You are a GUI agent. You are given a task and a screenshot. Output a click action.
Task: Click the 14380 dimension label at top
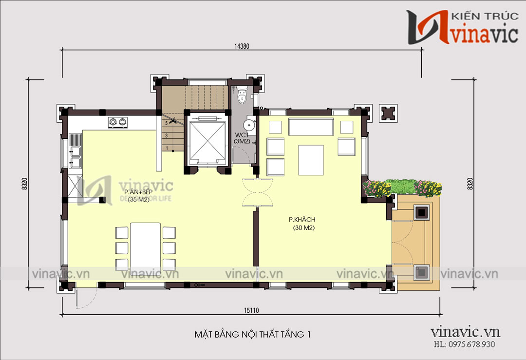tap(242, 46)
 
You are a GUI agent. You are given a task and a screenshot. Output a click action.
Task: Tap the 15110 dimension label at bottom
tap(251, 310)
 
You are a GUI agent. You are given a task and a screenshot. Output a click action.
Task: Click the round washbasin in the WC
tap(249, 123)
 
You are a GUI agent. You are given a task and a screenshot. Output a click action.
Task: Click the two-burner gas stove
tap(118, 122)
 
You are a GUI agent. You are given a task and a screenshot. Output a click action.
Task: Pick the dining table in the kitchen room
tap(145, 247)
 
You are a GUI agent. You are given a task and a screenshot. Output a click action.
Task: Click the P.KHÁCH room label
tap(302, 219)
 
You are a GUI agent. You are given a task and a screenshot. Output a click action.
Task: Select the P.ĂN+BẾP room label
tap(138, 192)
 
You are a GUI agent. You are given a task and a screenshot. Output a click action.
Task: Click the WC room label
tap(241, 135)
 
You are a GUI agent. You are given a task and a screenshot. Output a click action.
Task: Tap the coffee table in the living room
tap(311, 160)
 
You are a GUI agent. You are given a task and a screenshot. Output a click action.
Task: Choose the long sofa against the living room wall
tap(311, 127)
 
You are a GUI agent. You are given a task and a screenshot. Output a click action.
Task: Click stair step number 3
tap(167, 135)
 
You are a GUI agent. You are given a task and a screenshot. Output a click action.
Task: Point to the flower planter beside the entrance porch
tap(402, 188)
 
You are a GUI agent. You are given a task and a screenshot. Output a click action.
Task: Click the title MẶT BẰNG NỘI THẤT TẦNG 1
tap(253, 334)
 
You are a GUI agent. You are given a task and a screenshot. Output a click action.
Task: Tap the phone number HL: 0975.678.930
tap(464, 344)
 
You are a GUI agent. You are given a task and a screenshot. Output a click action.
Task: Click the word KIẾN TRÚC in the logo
tap(485, 16)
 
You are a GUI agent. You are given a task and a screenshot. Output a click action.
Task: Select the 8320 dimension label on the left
tap(24, 184)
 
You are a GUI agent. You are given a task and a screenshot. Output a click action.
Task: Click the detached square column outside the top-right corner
tap(389, 113)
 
